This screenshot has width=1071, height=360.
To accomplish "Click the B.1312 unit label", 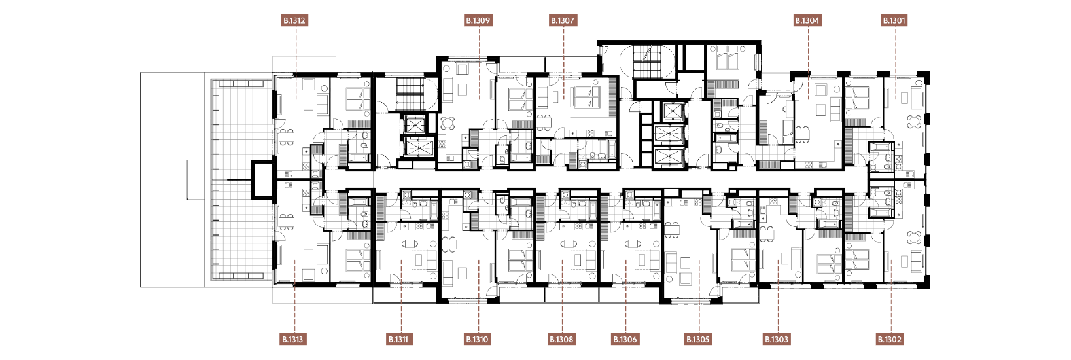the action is coord(294,20).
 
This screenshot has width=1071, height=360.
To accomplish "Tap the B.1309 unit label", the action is coord(478,20).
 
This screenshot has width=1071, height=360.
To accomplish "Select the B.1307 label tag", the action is coord(563,20).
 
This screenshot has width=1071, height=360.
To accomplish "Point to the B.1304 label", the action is coord(807,20).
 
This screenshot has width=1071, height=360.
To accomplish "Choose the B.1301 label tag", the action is coord(894,20).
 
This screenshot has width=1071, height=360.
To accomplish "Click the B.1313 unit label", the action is coord(292,340).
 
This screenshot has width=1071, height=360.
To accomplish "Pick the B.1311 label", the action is coord(398,340).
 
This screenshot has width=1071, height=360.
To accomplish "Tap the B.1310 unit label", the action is coord(478,340).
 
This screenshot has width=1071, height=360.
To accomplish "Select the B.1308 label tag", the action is coord(562,340).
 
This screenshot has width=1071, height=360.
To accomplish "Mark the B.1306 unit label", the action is coord(625,340).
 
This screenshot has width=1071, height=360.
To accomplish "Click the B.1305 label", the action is coord(698,340).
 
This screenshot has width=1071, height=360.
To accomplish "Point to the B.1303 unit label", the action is coord(777,340).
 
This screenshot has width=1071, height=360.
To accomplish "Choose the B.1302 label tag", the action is coord(890,340).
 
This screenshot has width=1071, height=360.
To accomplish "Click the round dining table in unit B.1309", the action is coord(448,124).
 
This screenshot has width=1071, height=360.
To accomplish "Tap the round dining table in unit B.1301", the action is coord(914,122).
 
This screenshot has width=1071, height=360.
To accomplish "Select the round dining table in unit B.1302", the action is coord(914,238).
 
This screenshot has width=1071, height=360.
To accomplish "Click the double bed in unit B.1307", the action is coord(587,98).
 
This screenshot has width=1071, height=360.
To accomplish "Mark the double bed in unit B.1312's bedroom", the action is coord(358,99).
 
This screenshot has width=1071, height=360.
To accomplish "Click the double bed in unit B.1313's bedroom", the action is coord(358,260).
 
